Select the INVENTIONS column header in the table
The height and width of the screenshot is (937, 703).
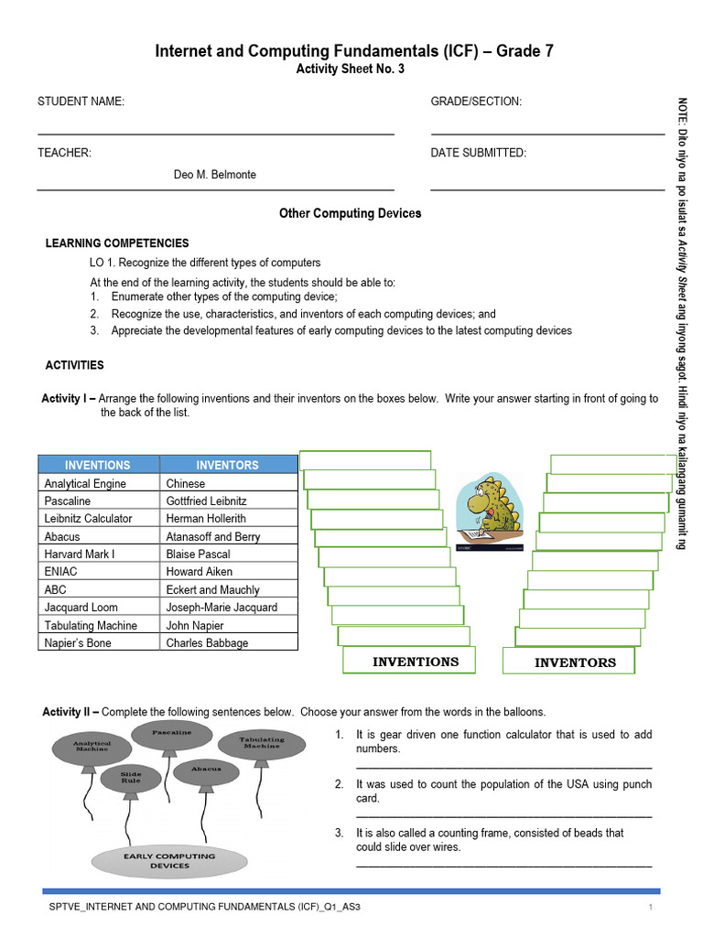point(98,465)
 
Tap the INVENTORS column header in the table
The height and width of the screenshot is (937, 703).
point(227,465)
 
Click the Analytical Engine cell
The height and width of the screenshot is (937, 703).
point(85,483)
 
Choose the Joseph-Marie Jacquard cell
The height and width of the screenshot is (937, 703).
point(222,608)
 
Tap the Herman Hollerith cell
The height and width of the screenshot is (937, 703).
point(206,519)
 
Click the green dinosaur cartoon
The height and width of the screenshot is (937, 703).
point(490,512)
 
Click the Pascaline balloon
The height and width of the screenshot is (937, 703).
point(171,734)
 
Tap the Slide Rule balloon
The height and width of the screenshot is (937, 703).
point(132,778)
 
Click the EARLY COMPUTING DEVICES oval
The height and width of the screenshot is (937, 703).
point(169,860)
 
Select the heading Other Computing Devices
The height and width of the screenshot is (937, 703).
point(350,213)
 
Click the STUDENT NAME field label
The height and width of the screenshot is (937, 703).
point(81,102)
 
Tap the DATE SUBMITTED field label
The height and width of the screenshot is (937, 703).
point(478,153)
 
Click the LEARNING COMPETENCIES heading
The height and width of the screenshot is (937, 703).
point(117,243)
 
